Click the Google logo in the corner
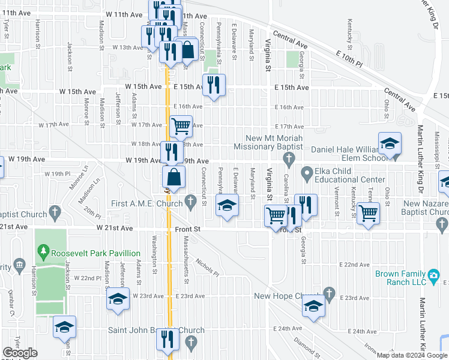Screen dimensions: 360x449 pyautogui.click(x=20, y=353)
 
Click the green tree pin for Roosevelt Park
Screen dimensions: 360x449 pyautogui.click(x=42, y=249)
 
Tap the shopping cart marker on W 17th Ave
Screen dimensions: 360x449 pyautogui.click(x=181, y=127)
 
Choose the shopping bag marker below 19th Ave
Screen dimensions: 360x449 pyautogui.click(x=173, y=178)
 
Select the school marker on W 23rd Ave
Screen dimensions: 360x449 pyautogui.click(x=118, y=299)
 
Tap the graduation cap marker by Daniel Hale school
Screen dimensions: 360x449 pyautogui.click(x=390, y=143)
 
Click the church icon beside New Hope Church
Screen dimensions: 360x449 pyautogui.click(x=328, y=293)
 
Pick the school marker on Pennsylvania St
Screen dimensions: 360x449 pyautogui.click(x=227, y=207)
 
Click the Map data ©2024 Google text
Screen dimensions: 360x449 pyautogui.click(x=411, y=355)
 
